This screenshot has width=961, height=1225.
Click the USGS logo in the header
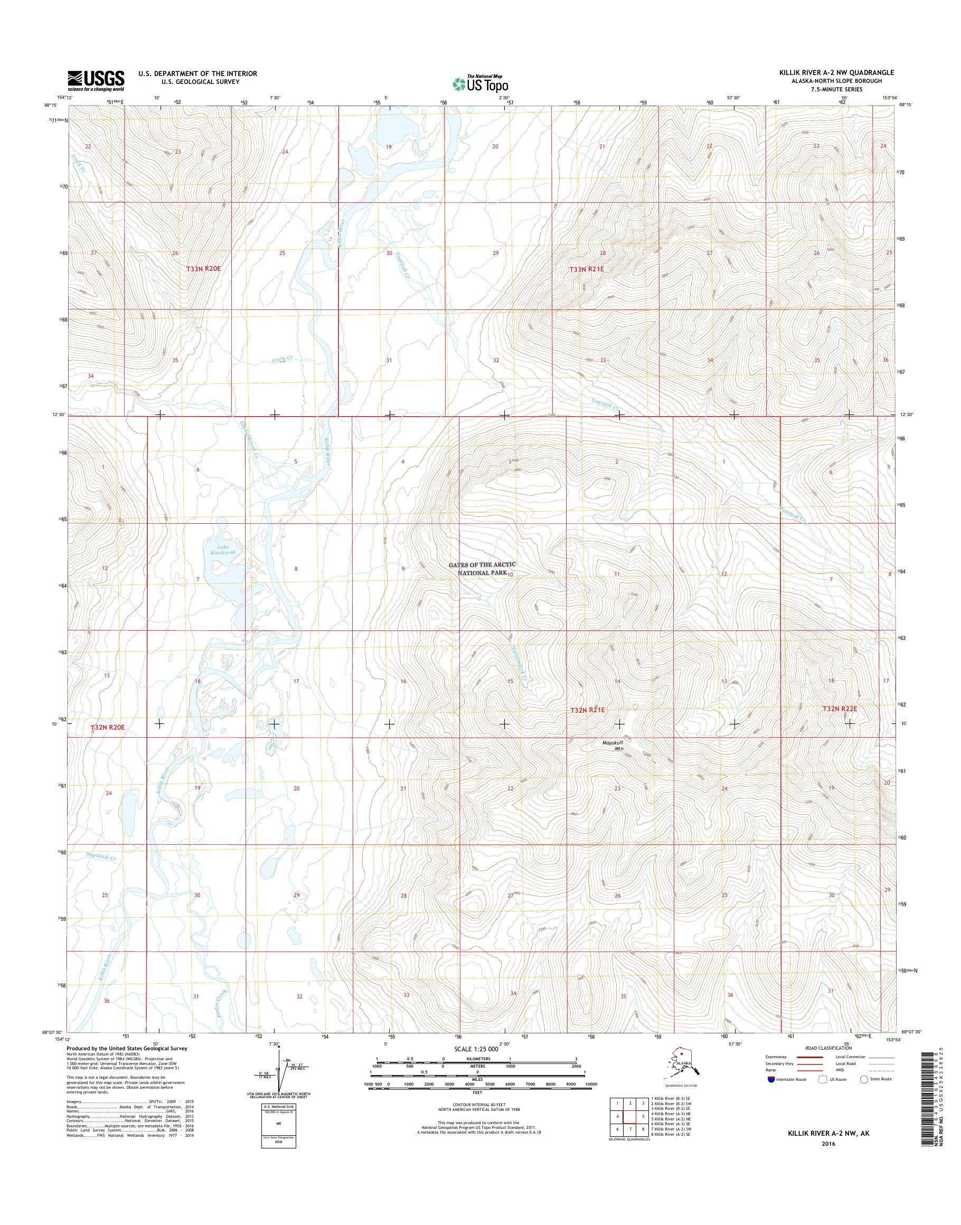(x=96, y=80)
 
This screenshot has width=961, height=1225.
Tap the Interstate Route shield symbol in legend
(x=770, y=1079)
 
